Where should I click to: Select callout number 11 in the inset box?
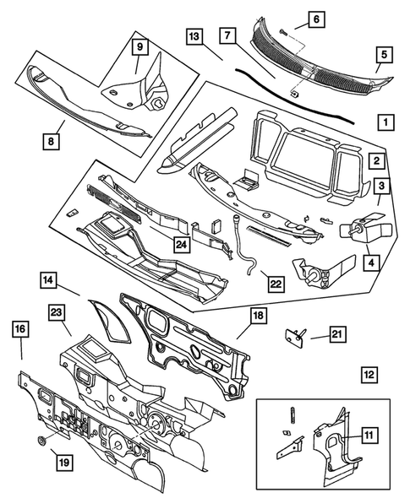click(369, 436)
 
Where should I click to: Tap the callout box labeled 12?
click(369, 373)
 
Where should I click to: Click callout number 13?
click(194, 38)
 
